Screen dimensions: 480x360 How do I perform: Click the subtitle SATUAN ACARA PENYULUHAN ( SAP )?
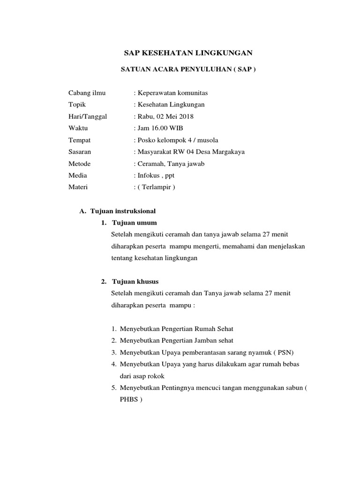(x=189, y=69)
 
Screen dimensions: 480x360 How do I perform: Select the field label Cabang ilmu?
(x=87, y=93)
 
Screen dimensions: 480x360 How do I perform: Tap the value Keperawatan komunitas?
(x=171, y=93)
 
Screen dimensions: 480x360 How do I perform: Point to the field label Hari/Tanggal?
(x=88, y=116)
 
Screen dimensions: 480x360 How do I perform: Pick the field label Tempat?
(x=80, y=140)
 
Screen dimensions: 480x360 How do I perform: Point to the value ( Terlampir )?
(x=156, y=187)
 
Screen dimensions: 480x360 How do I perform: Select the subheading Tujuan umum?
(x=135, y=222)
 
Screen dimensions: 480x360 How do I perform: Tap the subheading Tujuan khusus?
(x=135, y=282)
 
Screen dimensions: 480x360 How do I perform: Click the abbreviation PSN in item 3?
(x=281, y=352)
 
